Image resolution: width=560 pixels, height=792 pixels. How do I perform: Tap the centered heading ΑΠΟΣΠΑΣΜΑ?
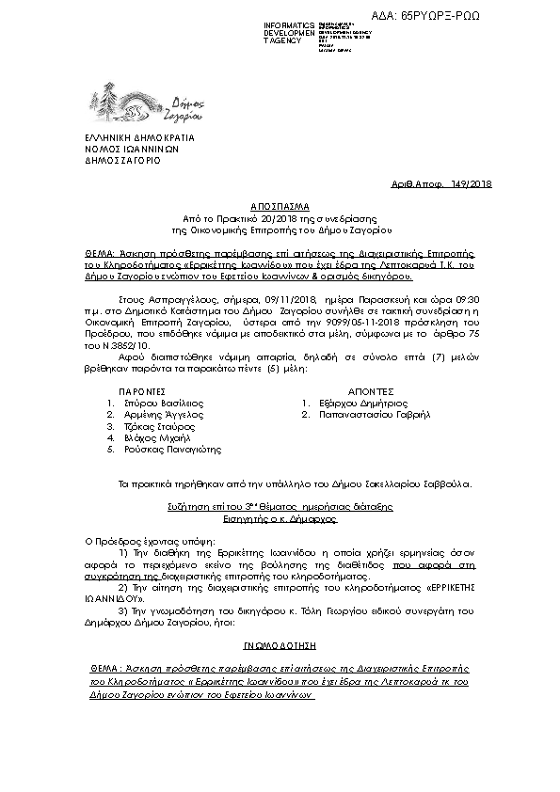(280, 204)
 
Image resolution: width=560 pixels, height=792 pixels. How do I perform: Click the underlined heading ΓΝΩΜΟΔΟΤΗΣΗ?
(280, 647)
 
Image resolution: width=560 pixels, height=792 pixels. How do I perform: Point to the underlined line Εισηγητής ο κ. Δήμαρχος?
(280, 516)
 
